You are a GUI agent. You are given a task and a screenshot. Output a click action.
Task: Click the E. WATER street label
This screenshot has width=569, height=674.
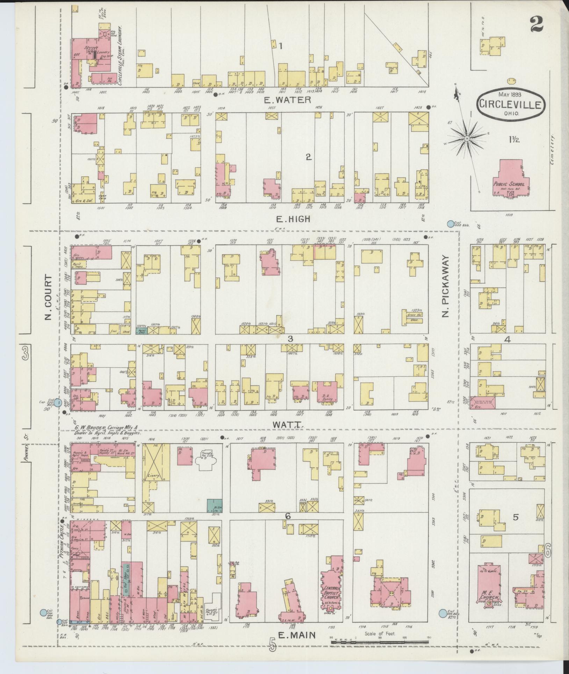[x=287, y=100]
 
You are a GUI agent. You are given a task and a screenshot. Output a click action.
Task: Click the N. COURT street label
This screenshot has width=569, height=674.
[x=48, y=297]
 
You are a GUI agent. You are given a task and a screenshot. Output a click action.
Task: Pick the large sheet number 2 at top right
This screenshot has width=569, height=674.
[x=536, y=24]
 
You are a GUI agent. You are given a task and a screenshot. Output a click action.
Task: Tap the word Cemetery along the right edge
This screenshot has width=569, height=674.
[x=553, y=148]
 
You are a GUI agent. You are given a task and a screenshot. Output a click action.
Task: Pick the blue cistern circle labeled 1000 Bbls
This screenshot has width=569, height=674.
[x=451, y=224]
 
